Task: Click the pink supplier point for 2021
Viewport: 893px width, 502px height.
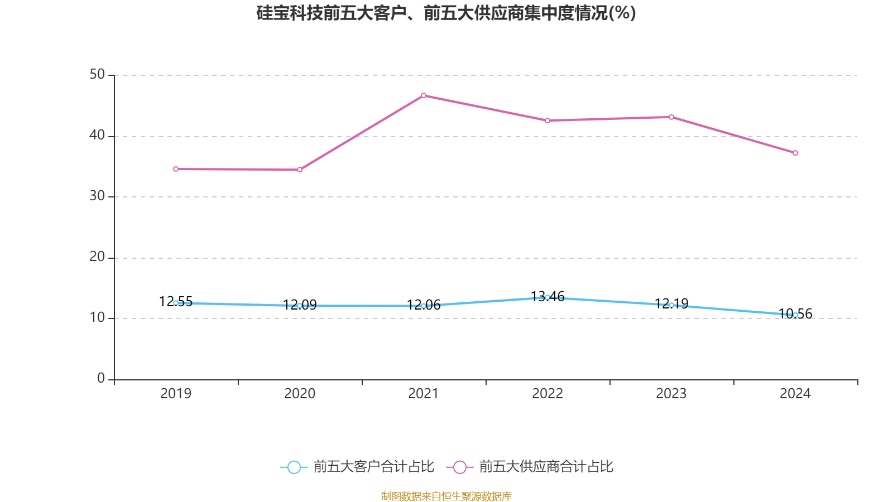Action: pyautogui.click(x=424, y=95)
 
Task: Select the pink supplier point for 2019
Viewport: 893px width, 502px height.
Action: pyautogui.click(x=176, y=169)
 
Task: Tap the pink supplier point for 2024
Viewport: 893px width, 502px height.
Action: pyautogui.click(x=795, y=153)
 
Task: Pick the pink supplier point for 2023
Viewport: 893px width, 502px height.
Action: pyautogui.click(x=671, y=117)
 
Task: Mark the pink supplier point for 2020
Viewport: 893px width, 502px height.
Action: pyautogui.click(x=300, y=170)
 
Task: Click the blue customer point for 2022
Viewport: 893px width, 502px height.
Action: pyautogui.click(x=548, y=297)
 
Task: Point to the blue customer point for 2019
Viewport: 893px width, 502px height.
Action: pyautogui.click(x=176, y=303)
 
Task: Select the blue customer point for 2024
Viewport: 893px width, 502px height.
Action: pyautogui.click(x=795, y=315)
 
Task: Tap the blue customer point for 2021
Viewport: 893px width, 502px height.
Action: pyautogui.click(x=424, y=306)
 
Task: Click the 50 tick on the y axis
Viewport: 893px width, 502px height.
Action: pyautogui.click(x=97, y=75)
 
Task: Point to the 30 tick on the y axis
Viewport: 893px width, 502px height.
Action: pyautogui.click(x=97, y=196)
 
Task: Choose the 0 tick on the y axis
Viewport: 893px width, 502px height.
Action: pyautogui.click(x=101, y=379)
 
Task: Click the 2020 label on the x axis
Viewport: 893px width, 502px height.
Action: pyautogui.click(x=300, y=394)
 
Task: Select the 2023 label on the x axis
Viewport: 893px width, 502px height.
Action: pyautogui.click(x=671, y=394)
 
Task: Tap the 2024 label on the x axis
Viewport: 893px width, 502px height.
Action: pyautogui.click(x=795, y=394)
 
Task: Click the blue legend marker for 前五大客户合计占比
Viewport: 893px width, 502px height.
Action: pyautogui.click(x=294, y=467)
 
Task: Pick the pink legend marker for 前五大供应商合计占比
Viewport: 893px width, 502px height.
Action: pyautogui.click(x=459, y=467)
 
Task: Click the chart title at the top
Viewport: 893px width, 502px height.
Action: pyautogui.click(x=446, y=13)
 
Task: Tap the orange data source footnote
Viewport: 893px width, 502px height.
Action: pyautogui.click(x=446, y=496)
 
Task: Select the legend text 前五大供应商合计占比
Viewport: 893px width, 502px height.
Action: pyautogui.click(x=546, y=467)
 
